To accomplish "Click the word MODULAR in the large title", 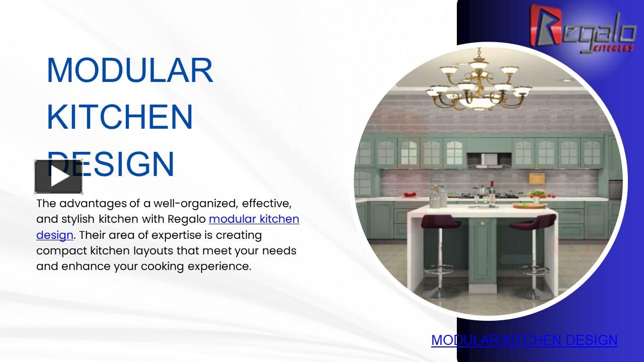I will [x=130, y=70].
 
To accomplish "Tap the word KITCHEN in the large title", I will [x=120, y=117].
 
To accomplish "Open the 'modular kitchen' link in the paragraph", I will [x=254, y=219].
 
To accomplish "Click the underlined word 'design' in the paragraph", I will [x=55, y=235].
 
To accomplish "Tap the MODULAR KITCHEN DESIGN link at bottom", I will [x=524, y=340].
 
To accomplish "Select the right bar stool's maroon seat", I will [x=535, y=222].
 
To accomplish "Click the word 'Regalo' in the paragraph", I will [x=186, y=219].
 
